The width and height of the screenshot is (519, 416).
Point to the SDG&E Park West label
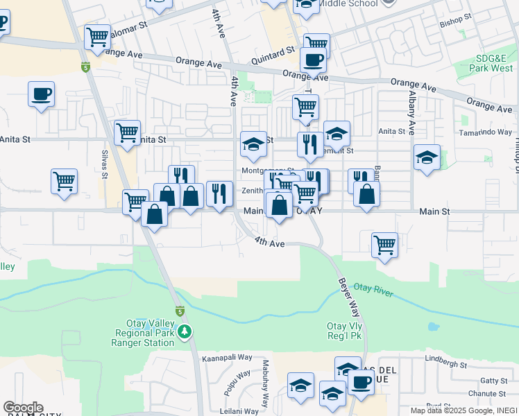[484, 63]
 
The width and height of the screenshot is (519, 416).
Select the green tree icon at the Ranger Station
[185, 332]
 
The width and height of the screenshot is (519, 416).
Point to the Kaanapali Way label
[227, 359]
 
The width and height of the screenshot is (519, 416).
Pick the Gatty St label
[493, 381]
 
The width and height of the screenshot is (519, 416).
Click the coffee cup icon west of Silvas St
[41, 93]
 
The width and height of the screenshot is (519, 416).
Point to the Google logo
[23, 408]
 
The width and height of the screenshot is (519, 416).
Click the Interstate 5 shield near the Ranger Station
[179, 310]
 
